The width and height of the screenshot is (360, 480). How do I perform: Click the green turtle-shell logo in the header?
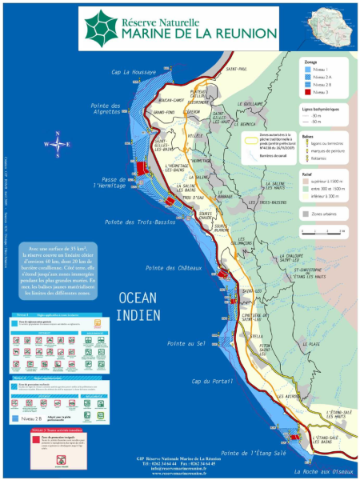click(102, 23)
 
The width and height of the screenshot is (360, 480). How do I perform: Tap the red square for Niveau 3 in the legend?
click(307, 94)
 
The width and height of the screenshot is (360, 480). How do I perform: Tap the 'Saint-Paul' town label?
click(237, 70)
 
